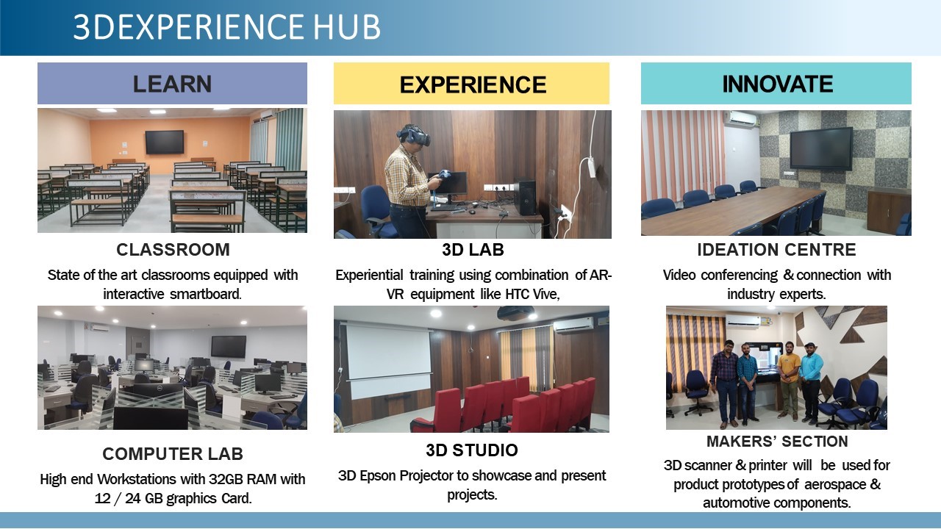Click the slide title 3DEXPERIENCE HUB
tap(226, 27)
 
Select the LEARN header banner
tap(172, 84)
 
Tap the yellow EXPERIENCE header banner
tap(472, 84)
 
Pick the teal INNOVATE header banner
tap(776, 84)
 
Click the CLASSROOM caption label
tap(173, 250)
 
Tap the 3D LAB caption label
tap(473, 250)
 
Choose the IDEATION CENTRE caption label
tap(776, 250)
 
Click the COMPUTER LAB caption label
tap(173, 453)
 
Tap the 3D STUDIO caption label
tap(471, 450)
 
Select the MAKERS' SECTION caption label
tap(776, 442)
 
